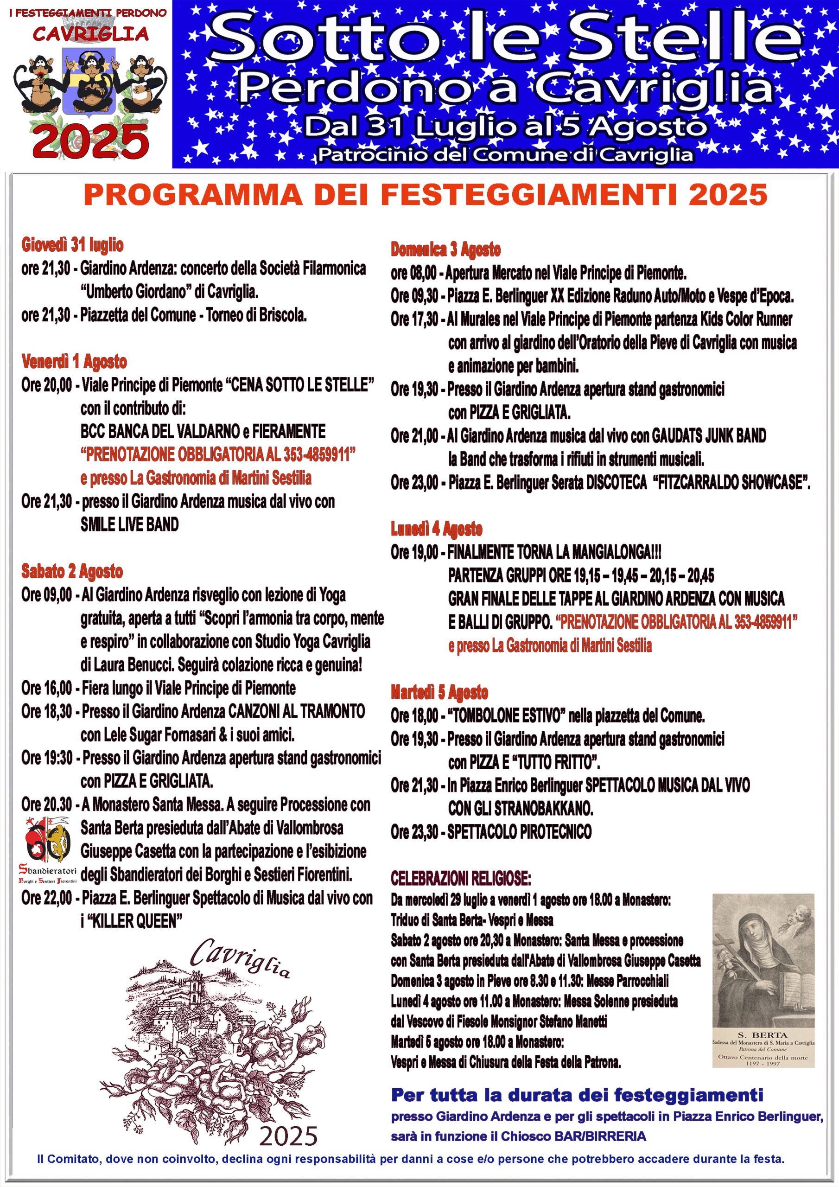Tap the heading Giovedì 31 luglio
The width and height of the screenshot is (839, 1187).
[72, 244]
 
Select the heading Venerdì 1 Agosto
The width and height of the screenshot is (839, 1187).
[74, 361]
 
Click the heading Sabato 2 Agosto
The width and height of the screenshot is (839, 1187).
[72, 571]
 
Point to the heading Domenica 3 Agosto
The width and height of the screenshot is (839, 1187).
[445, 250]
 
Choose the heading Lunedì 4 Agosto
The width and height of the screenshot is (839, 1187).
[436, 529]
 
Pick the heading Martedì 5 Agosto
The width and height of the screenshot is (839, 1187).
[439, 692]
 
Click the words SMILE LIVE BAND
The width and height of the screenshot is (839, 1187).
[129, 525]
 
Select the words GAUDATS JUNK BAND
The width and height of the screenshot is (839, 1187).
[708, 436]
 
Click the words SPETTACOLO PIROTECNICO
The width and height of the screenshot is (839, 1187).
[519, 832]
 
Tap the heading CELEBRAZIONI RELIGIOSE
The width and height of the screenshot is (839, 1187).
[461, 878]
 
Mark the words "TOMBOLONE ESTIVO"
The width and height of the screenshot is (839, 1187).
[505, 716]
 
